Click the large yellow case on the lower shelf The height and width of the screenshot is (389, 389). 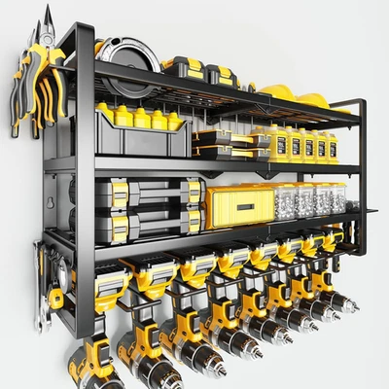[239, 205]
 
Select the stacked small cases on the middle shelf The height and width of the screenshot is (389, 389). [223, 147]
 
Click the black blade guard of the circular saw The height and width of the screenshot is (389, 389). [112, 49]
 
